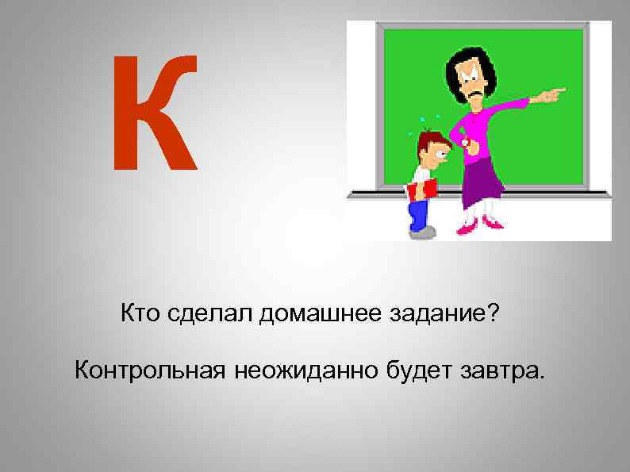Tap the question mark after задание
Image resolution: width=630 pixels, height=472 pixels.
(494, 315)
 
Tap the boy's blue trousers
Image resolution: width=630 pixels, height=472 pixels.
(418, 212)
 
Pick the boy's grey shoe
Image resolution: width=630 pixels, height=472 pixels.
(423, 232)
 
